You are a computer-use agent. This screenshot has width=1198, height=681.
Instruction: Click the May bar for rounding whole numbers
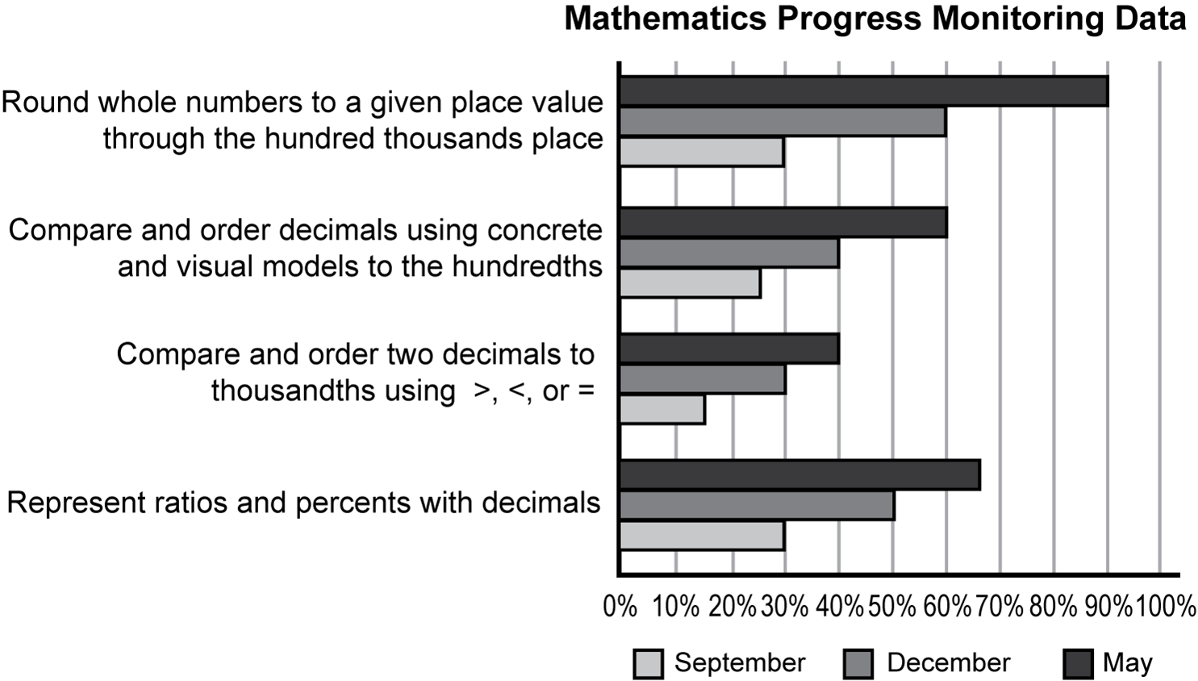click(863, 91)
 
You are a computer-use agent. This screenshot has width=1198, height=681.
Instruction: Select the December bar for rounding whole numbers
click(783, 122)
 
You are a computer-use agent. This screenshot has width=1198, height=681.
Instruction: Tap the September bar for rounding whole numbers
click(701, 152)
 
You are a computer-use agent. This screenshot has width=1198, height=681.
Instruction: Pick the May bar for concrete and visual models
click(783, 223)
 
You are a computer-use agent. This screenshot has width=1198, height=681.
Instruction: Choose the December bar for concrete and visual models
click(729, 253)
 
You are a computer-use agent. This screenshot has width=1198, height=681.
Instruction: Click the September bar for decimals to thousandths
click(662, 409)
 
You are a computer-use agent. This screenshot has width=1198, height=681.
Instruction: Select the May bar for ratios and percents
click(799, 474)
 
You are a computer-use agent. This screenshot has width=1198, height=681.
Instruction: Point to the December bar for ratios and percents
click(757, 505)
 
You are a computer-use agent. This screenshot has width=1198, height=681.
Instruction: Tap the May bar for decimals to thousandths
click(729, 349)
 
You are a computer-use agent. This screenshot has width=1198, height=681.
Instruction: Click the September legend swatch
click(648, 664)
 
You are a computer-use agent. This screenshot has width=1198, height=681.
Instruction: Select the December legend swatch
click(858, 664)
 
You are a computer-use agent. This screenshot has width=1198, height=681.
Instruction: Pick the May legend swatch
click(1078, 664)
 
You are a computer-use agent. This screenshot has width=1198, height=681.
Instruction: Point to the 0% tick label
click(620, 606)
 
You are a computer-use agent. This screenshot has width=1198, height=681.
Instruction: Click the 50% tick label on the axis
click(891, 606)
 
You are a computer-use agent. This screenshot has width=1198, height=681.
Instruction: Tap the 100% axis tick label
click(1166, 606)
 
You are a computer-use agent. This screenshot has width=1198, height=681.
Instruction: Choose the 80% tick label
click(1054, 606)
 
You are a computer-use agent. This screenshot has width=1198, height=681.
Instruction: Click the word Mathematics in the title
click(666, 19)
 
